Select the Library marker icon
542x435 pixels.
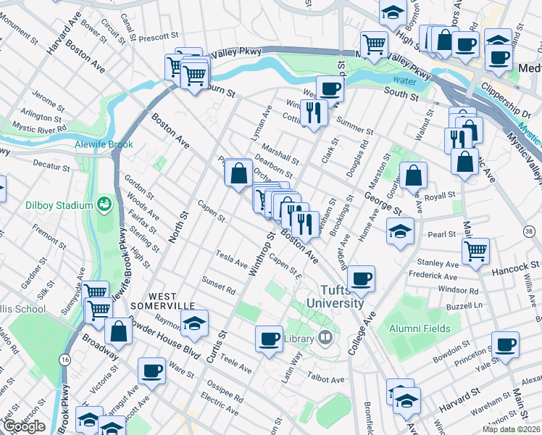pos(325,336)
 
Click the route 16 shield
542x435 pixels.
pos(65,360)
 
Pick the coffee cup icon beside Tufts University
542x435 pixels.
pos(361,278)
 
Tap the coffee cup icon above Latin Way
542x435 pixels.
pos(270,339)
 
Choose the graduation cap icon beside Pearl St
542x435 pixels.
pos(398,232)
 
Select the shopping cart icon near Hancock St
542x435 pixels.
pos(475,251)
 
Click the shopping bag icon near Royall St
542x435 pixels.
pos(413,175)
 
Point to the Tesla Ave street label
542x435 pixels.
pos(231,257)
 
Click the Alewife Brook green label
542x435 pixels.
pos(101,144)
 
